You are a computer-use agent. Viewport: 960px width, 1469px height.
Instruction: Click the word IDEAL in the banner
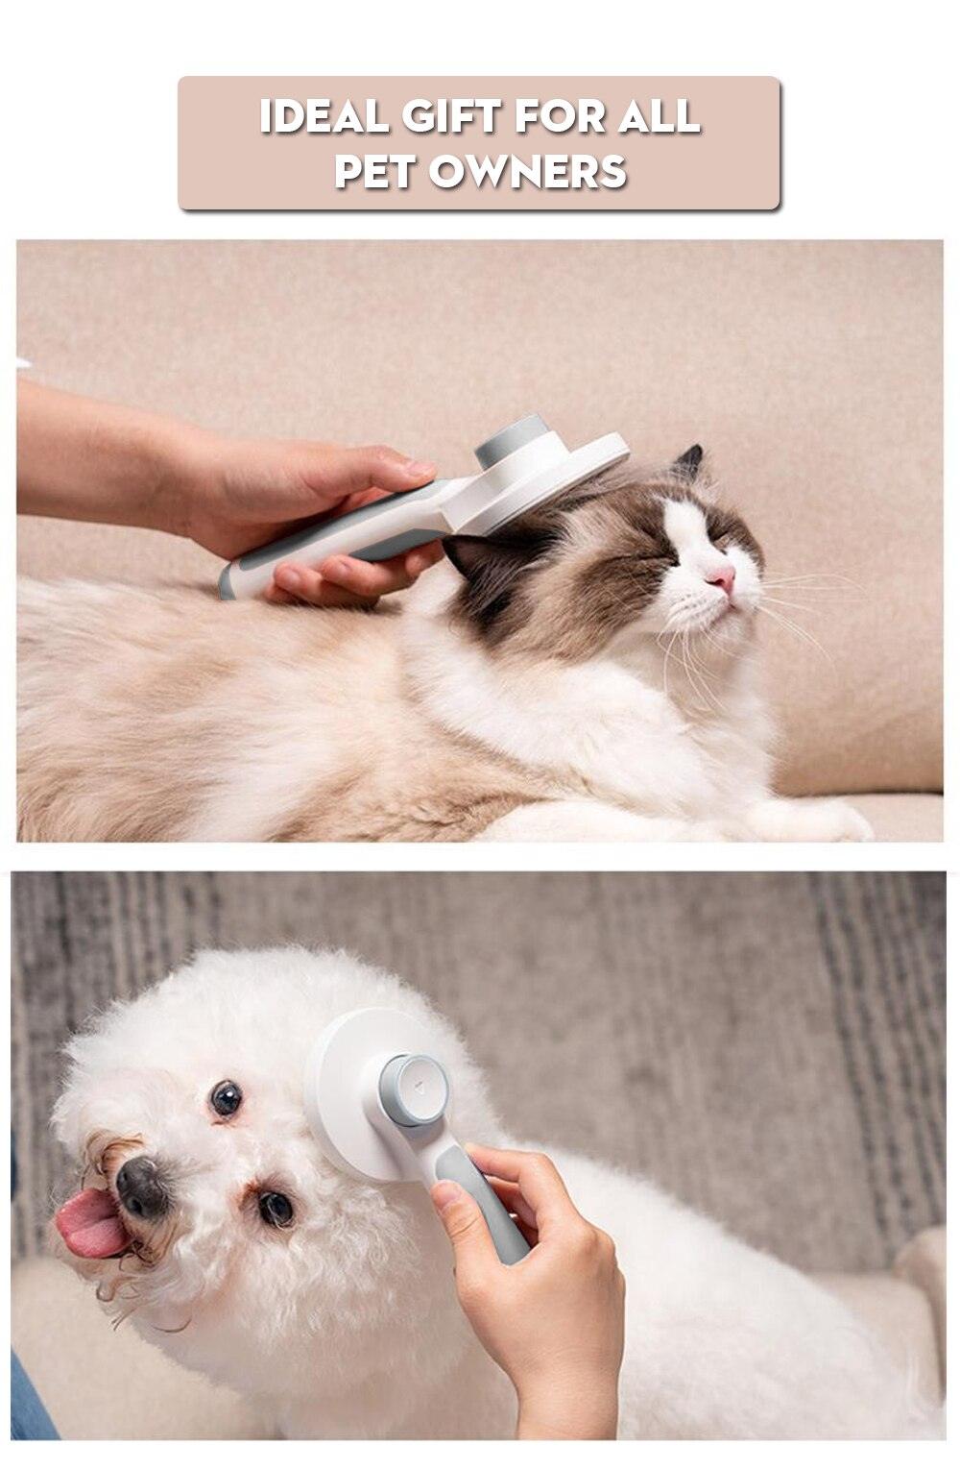pyautogui.click(x=324, y=117)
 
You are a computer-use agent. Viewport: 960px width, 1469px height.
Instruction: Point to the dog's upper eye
pyautogui.click(x=226, y=1098)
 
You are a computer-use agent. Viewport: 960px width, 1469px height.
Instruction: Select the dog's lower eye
pyautogui.click(x=276, y=1207)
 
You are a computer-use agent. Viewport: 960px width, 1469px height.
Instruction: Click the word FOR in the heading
pyautogui.click(x=561, y=117)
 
